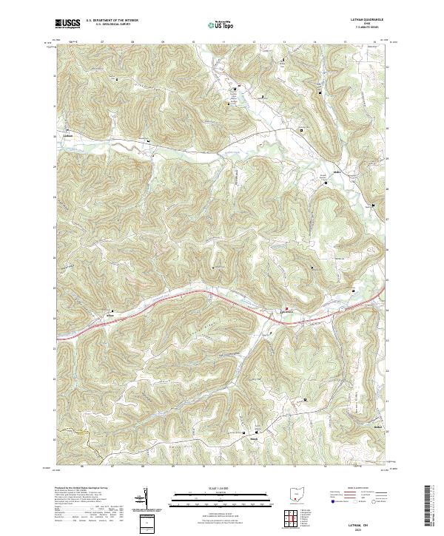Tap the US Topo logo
(221, 25)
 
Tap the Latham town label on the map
(68, 135)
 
